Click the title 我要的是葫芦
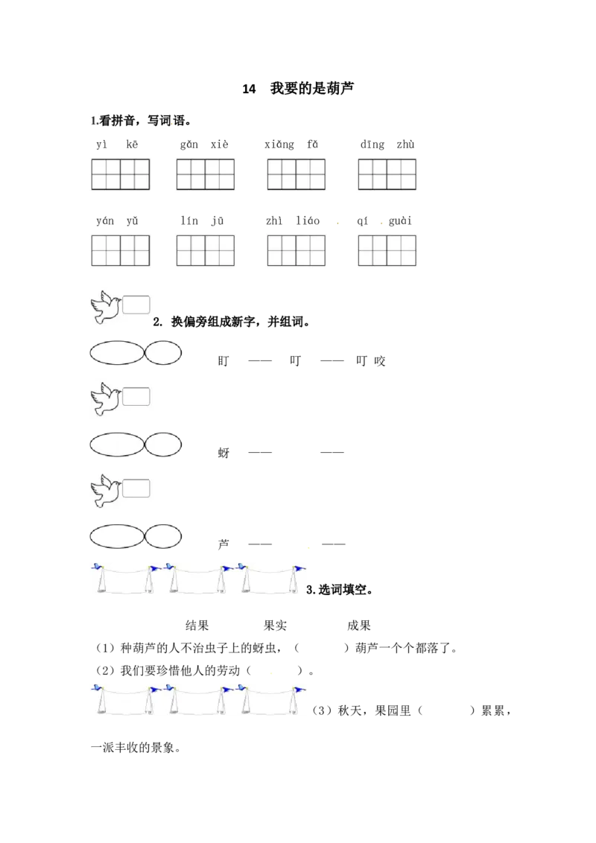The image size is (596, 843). pyautogui.click(x=312, y=88)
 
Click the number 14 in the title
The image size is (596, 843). pyautogui.click(x=249, y=89)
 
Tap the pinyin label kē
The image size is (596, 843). pyautogui.click(x=132, y=144)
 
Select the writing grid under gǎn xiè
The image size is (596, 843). pyautogui.click(x=206, y=174)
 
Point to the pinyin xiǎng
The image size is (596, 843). pyautogui.click(x=279, y=144)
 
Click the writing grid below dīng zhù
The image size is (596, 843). pyautogui.click(x=387, y=174)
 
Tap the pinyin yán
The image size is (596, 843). pyautogui.click(x=105, y=221)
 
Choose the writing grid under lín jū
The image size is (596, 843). pyautogui.click(x=206, y=250)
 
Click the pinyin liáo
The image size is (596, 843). pyautogui.click(x=308, y=220)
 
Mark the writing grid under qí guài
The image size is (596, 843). pyautogui.click(x=387, y=250)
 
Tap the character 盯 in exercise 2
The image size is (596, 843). pyautogui.click(x=223, y=360)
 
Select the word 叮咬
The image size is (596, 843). pyautogui.click(x=370, y=360)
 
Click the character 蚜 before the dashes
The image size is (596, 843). pyautogui.click(x=223, y=453)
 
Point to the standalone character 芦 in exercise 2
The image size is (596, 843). pyautogui.click(x=223, y=544)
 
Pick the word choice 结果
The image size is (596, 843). pyautogui.click(x=197, y=626)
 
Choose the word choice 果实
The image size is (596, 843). pyautogui.click(x=275, y=626)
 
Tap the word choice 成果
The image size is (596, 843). pyautogui.click(x=359, y=626)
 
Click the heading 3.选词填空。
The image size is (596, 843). pyautogui.click(x=340, y=590)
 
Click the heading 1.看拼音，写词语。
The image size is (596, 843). pyautogui.click(x=141, y=121)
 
